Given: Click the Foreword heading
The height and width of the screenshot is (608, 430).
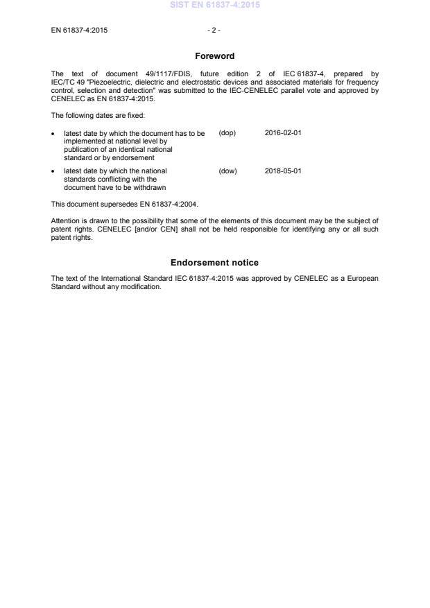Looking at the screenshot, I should tap(214, 56).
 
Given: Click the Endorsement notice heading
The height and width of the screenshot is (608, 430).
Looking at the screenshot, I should tap(214, 263).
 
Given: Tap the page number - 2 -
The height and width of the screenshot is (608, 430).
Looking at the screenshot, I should tap(214, 30).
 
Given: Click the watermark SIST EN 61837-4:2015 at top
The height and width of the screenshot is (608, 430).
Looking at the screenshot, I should tap(214, 6).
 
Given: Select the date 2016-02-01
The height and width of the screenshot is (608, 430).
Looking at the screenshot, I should tap(283, 133).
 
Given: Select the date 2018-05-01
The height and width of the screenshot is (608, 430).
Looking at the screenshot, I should tap(283, 171).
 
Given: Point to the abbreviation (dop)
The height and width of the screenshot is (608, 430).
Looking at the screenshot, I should tap(227, 133).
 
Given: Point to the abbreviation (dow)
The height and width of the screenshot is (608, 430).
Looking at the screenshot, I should tap(227, 171).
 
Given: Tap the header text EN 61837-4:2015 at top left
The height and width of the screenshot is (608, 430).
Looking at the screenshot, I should tap(79, 30).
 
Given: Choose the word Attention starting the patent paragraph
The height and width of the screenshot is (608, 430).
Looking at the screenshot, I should tap(66, 221).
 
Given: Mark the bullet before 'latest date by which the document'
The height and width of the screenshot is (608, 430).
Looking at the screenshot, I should tap(54, 134).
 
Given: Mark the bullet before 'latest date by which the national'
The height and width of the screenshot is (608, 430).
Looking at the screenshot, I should tap(54, 171).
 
